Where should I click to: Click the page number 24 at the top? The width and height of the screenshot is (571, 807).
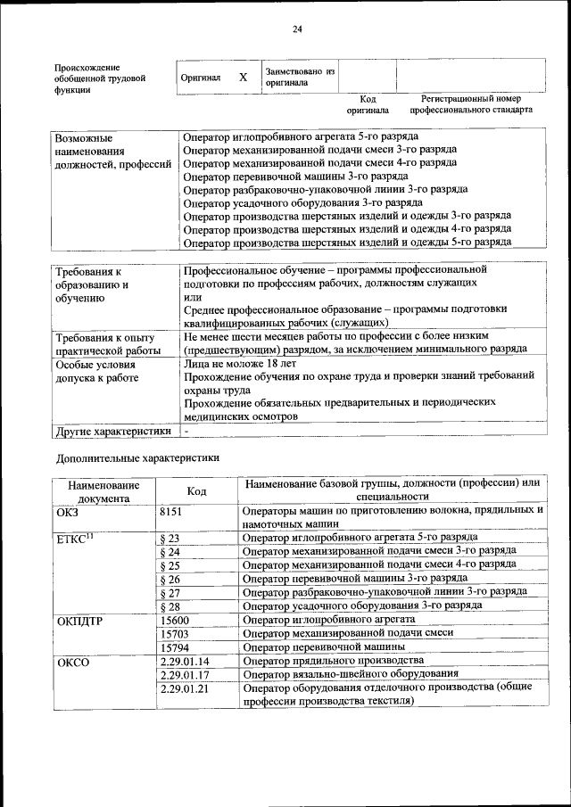[298, 29]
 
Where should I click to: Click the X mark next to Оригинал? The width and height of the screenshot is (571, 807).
[243, 78]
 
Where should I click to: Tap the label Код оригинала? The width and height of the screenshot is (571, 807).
[368, 104]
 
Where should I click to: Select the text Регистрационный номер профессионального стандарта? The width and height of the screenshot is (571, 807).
[471, 104]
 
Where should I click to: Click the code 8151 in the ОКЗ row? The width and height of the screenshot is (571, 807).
[170, 511]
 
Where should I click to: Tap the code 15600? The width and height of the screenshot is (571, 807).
[175, 620]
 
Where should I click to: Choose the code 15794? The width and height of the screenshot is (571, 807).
[175, 647]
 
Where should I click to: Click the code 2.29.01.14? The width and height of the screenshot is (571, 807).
[185, 661]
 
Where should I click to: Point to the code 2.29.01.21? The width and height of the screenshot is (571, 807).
[185, 688]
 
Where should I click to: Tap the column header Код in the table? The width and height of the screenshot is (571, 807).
[196, 490]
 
